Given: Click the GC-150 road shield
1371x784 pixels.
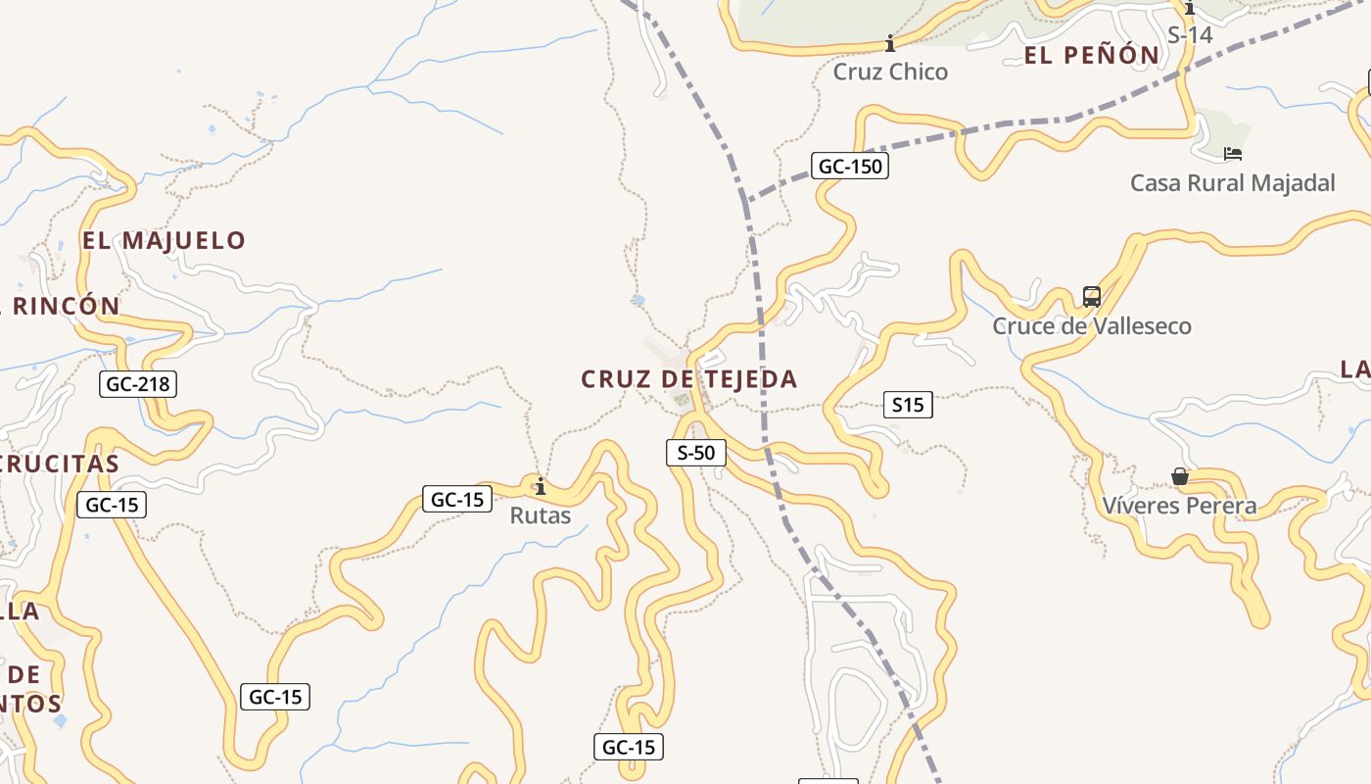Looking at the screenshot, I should point(850,167).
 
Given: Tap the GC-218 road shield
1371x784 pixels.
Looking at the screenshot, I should point(138,384).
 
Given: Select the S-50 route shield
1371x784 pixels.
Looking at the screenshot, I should point(696,453).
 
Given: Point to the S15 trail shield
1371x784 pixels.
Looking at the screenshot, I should point(908,405).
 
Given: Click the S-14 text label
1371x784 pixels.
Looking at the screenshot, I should point(1190,34).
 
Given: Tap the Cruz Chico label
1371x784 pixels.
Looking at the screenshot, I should point(890,72).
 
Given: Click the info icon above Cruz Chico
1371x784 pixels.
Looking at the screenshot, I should point(890,44).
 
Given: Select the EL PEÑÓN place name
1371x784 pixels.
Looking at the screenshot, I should point(1092,56).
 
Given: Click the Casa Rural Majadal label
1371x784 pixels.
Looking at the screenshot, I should point(1232,183).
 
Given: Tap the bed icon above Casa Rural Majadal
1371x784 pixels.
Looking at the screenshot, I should point(1233,154).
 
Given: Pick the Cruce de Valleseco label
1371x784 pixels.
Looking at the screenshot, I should point(1092,325).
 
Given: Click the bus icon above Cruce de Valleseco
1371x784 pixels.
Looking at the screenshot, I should point(1091,296).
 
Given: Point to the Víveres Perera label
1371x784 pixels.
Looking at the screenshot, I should point(1179,506).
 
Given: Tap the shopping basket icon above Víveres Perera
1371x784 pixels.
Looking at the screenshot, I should point(1180,477).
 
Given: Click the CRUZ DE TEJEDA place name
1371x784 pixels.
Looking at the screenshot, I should point(689,379).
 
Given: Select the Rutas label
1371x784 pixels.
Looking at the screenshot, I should point(540,515).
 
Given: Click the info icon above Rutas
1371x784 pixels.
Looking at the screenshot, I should point(540,486).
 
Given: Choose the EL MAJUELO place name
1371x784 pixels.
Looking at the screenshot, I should point(164,240).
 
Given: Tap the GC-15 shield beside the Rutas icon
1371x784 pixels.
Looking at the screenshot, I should point(457,500).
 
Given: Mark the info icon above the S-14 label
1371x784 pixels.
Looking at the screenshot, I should point(1190,9).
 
